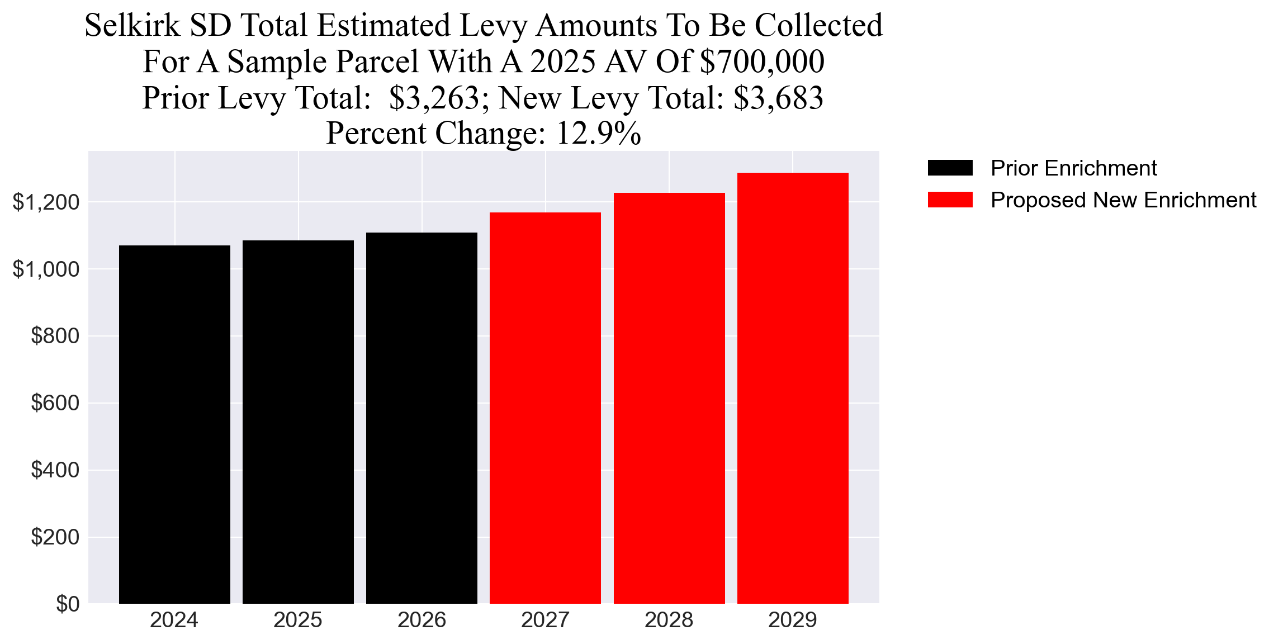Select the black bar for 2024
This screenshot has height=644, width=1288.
(x=174, y=425)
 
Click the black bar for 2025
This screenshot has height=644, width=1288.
(x=298, y=422)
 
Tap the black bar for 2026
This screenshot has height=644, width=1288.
(x=422, y=418)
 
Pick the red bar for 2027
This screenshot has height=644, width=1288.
(x=545, y=408)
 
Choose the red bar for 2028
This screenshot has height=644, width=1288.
(x=669, y=398)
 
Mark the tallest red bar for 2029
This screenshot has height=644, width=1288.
(x=793, y=389)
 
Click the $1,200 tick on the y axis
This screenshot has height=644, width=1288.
(x=46, y=202)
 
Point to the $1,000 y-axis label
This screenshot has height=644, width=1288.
(x=46, y=269)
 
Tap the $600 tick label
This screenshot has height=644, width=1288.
(x=55, y=403)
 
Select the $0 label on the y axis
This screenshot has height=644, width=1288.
(x=68, y=604)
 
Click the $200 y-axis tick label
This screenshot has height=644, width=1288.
(x=55, y=537)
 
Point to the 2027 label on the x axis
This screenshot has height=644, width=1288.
(x=545, y=620)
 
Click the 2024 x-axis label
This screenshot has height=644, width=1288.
(x=174, y=620)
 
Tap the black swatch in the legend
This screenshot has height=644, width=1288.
(x=950, y=168)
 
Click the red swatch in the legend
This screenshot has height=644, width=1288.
(x=950, y=200)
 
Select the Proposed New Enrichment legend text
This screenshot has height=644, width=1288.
(x=1123, y=200)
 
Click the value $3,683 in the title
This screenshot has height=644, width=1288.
(x=778, y=98)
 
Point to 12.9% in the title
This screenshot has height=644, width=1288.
(x=598, y=134)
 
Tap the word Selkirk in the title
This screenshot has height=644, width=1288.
(x=132, y=26)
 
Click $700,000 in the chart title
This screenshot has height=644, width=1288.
(x=762, y=61)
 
